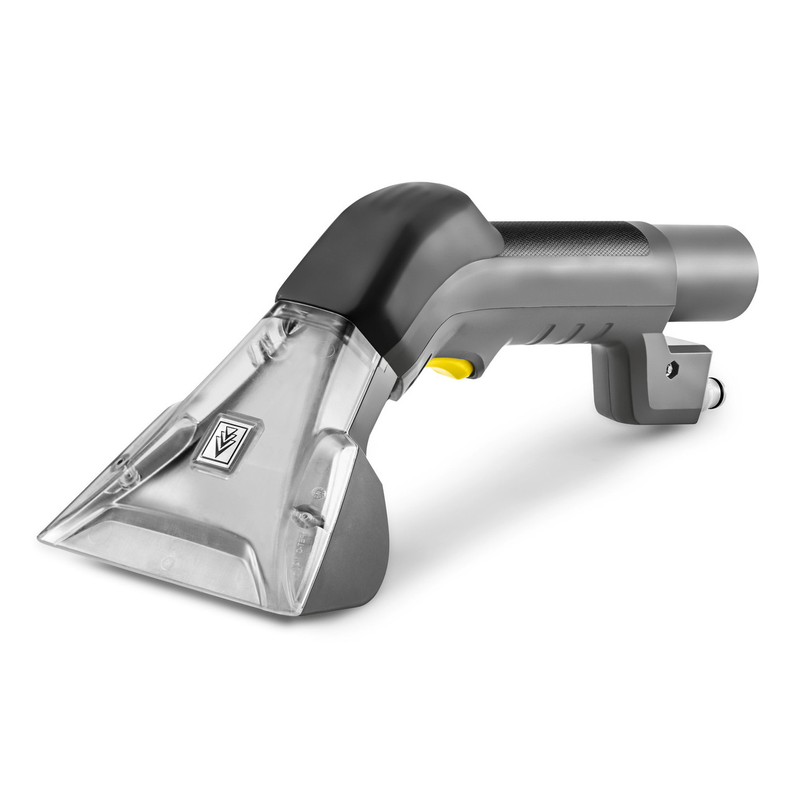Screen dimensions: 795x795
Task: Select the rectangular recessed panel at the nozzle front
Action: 186,559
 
